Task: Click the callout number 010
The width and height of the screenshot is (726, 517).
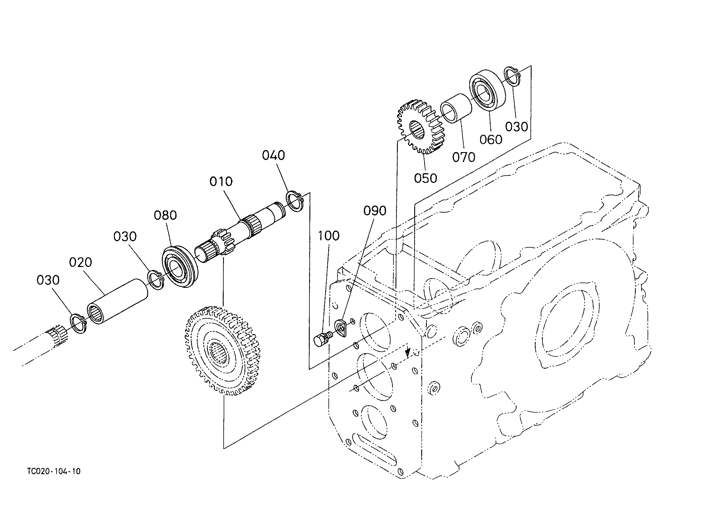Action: click(x=221, y=181)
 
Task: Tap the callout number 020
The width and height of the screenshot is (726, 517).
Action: click(x=81, y=263)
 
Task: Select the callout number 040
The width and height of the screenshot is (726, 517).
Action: click(x=273, y=155)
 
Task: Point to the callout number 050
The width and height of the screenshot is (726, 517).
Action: click(x=425, y=178)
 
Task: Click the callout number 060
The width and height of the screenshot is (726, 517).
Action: click(x=491, y=140)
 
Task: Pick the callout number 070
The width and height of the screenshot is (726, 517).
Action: click(x=464, y=157)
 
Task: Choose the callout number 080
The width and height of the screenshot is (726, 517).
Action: click(x=165, y=215)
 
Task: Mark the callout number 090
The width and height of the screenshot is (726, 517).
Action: click(x=375, y=211)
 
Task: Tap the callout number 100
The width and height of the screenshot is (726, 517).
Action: click(x=329, y=236)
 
